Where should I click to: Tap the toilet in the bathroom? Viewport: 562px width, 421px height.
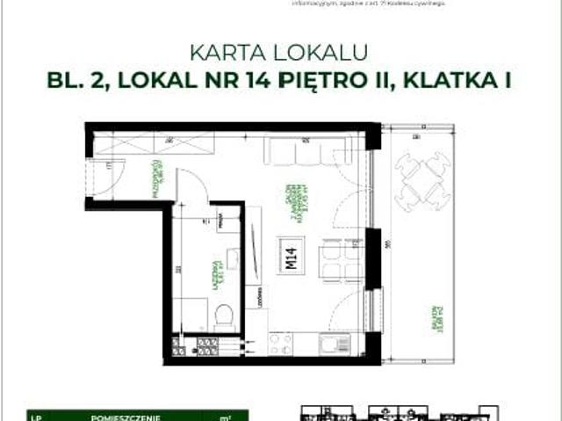(223, 315)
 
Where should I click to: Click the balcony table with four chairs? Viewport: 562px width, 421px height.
(419, 179)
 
